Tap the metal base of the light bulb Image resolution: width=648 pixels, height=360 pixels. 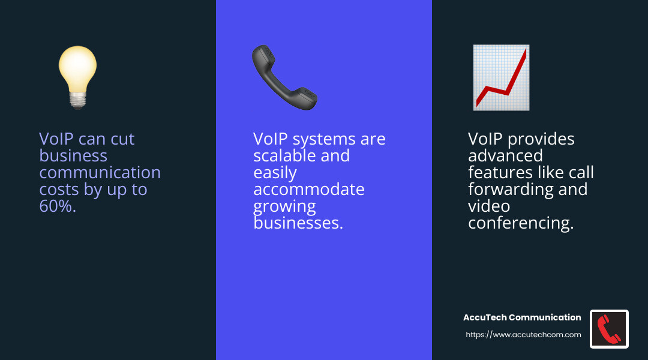(77, 100)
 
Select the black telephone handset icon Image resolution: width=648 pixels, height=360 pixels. (284, 77)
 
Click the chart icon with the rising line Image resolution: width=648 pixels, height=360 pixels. (501, 77)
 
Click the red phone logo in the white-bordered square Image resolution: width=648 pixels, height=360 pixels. (609, 329)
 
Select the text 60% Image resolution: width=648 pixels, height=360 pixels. (58, 206)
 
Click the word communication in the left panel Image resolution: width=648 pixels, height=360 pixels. (100, 173)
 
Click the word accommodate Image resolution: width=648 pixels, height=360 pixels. (308, 190)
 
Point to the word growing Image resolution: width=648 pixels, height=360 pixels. (284, 206)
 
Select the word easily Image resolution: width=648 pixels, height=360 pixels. (275, 173)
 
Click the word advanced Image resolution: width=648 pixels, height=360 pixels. (505, 156)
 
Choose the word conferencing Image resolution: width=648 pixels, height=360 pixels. (521, 223)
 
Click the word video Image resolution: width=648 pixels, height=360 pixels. (488, 206)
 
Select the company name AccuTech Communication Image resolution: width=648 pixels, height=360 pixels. (522, 317)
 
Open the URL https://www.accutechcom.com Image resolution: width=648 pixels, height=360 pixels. (523, 335)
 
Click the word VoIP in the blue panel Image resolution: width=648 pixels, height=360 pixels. (270, 139)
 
